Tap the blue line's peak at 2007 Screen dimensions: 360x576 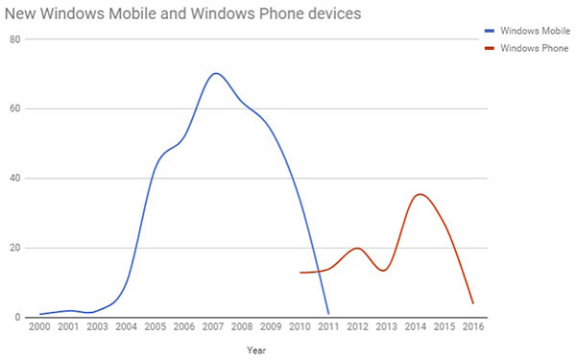point(216,73)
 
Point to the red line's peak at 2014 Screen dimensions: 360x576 point(419,194)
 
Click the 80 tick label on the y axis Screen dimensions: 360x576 point(16,38)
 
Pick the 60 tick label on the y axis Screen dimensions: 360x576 point(16,108)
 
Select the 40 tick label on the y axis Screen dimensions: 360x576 point(16,179)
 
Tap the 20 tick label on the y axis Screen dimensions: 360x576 point(16,248)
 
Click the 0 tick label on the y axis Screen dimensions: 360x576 point(19,318)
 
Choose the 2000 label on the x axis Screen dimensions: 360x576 point(39,328)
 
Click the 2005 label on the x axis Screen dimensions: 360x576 point(156,328)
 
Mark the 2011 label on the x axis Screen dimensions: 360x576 point(328,328)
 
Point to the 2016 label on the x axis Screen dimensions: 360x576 point(473,328)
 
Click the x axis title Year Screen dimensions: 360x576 point(256,350)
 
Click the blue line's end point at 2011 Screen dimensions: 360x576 point(328,313)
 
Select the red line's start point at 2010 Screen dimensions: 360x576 point(300,273)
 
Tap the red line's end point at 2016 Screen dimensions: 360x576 point(473,303)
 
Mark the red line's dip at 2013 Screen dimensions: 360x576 point(384,271)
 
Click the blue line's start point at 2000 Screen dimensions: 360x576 point(39,314)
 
